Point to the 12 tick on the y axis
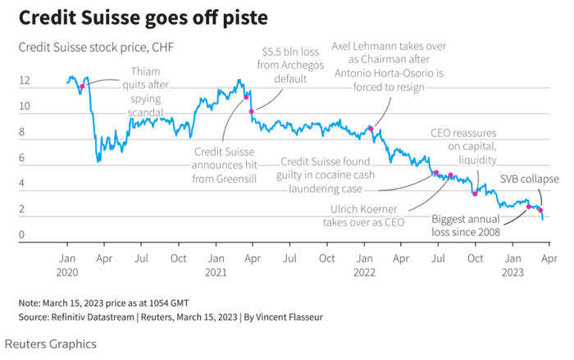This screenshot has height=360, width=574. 25,81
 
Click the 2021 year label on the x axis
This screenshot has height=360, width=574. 216,271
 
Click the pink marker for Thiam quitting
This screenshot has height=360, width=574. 82,86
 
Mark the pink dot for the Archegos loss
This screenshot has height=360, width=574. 252,111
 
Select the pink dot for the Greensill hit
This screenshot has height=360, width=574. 246,97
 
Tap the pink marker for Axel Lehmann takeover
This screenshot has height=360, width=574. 371,129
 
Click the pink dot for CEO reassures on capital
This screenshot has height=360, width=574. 475,194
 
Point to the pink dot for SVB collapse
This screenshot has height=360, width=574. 541,210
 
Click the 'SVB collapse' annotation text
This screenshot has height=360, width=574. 529,179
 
